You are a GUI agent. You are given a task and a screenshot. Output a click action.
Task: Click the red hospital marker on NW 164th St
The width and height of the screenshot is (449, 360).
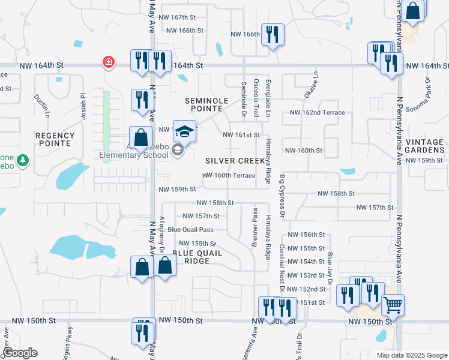[x=108, y=62]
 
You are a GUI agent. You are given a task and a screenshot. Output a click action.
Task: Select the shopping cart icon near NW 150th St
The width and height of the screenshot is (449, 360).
[x=393, y=305]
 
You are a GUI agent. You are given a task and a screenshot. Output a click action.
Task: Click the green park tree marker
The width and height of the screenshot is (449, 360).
[x=23, y=160]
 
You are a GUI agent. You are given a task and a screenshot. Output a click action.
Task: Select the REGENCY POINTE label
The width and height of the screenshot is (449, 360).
[x=55, y=139]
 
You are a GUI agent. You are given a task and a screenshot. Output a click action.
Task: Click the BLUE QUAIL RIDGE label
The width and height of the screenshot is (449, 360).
[x=197, y=257]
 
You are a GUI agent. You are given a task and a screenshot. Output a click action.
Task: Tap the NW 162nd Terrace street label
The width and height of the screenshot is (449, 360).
[x=318, y=113]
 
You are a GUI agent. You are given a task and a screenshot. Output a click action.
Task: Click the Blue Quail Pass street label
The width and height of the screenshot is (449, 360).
[x=190, y=229]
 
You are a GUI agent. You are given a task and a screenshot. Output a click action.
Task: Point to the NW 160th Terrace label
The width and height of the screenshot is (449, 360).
[x=229, y=175]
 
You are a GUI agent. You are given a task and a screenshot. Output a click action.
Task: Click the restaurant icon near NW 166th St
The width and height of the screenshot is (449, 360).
[x=273, y=34]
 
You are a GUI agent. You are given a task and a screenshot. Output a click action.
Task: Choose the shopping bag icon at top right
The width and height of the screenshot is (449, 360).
[x=413, y=10]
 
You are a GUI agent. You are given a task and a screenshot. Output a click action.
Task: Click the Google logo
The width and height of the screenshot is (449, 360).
[x=20, y=353]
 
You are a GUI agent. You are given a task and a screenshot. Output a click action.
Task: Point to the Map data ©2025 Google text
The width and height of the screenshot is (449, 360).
[x=411, y=355]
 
